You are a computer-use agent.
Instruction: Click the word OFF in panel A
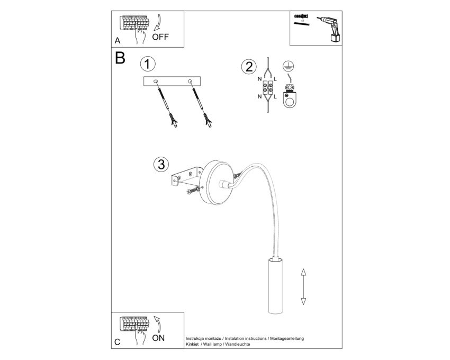(x=160, y=37)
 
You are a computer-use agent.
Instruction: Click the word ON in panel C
(x=158, y=338)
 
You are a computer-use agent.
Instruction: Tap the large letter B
(x=120, y=58)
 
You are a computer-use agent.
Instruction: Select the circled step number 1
(x=148, y=64)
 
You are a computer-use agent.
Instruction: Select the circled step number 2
(x=249, y=67)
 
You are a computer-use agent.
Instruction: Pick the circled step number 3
(x=161, y=165)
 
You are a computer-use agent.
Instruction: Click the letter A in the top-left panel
(x=118, y=41)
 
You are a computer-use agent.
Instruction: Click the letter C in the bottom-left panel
(x=117, y=342)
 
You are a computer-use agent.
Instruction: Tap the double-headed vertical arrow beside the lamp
(x=303, y=286)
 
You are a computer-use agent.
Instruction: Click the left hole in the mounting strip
(x=156, y=82)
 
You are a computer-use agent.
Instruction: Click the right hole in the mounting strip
(x=190, y=82)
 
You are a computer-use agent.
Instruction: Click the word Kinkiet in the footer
(x=192, y=344)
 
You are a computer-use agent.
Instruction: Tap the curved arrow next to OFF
(x=158, y=22)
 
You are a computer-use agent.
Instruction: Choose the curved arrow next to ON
(x=158, y=325)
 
